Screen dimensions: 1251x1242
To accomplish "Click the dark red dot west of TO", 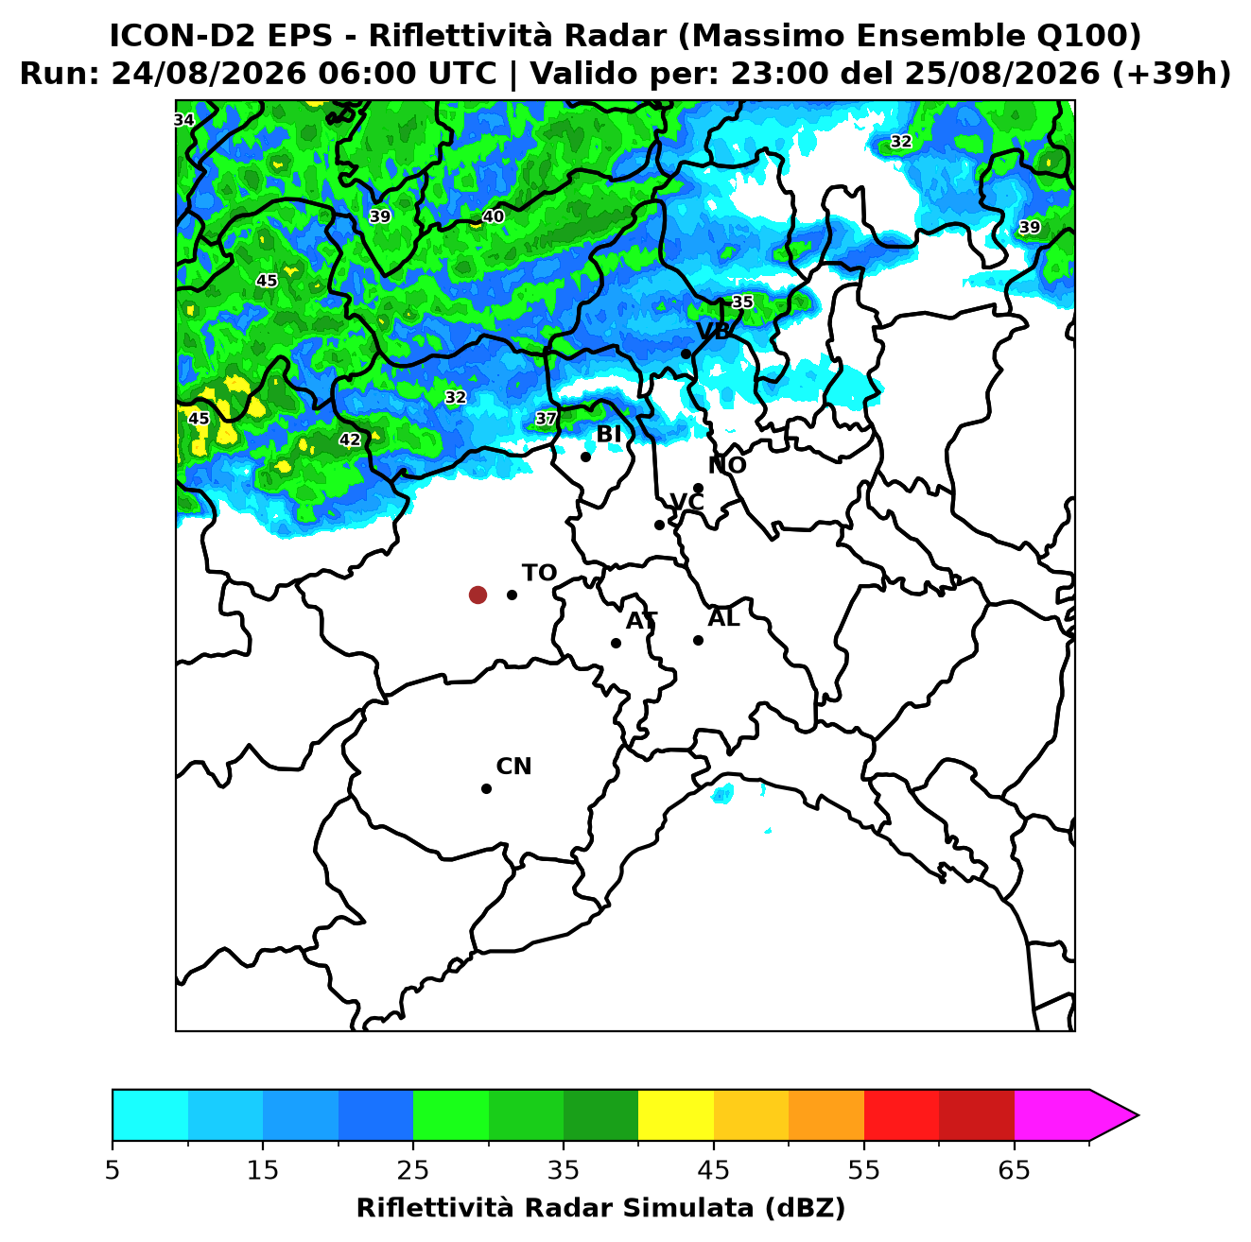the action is [478, 595].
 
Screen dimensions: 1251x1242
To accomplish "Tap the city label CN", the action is [513, 767].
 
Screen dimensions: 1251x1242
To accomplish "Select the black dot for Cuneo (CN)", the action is [486, 789].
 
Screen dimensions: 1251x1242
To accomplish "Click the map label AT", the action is [641, 621].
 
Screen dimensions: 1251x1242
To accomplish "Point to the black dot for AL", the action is [698, 640].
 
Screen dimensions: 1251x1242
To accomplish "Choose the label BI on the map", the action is [608, 435].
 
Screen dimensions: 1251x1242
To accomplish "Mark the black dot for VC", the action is [660, 525].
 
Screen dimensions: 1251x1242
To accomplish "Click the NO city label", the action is [727, 465].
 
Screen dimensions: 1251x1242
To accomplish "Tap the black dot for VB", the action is [686, 354].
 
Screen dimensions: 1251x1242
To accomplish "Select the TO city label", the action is [540, 574].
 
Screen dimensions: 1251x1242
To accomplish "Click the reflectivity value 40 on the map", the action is [494, 216].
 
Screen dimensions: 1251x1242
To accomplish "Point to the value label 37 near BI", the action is [546, 420].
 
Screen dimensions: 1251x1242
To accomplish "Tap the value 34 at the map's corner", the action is [184, 120].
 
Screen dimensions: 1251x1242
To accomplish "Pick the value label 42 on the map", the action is [350, 440].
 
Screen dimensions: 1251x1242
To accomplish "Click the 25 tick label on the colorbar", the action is [413, 1170].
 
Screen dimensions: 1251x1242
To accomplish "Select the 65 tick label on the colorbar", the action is [1014, 1170].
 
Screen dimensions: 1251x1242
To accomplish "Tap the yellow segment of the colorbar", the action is [676, 1115].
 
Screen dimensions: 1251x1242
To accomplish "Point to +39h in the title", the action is [1172, 74].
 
